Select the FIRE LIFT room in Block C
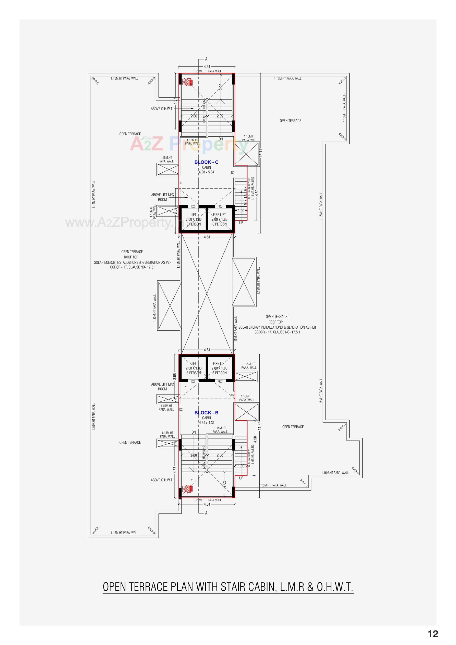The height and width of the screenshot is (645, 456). pyautogui.click(x=219, y=219)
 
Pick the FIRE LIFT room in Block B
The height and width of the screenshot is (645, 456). pyautogui.click(x=219, y=368)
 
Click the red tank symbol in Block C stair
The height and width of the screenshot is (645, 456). pyautogui.click(x=187, y=82)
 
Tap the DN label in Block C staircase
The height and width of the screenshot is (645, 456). pyautogui.click(x=221, y=139)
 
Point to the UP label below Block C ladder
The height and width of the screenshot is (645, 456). pyautogui.click(x=241, y=223)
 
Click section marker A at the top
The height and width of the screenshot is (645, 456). pyautogui.click(x=206, y=59)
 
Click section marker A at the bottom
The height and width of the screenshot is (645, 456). pyautogui.click(x=206, y=513)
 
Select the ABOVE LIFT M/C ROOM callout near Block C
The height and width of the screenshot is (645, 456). pyautogui.click(x=162, y=197)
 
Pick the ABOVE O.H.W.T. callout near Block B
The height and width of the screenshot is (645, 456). pyautogui.click(x=162, y=480)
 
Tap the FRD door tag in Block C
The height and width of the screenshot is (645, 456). pyautogui.click(x=220, y=206)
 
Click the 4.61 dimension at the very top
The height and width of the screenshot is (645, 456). pyautogui.click(x=207, y=66)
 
